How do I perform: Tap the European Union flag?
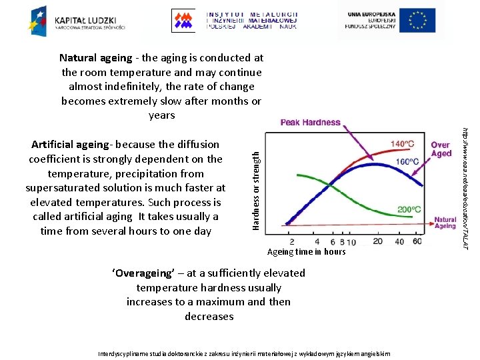click(417, 20)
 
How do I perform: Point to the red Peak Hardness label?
click(310, 123)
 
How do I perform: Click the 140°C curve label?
click(402, 143)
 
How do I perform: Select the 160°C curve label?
click(407, 161)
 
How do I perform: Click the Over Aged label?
click(441, 149)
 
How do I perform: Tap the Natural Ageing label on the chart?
click(445, 222)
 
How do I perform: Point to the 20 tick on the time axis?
click(378, 241)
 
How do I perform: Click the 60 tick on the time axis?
click(417, 241)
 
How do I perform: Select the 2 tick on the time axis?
click(292, 241)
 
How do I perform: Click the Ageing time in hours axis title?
click(306, 252)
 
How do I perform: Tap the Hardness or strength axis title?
click(255, 181)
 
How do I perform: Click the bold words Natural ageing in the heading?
click(95, 58)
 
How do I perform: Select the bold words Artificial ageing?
click(70, 145)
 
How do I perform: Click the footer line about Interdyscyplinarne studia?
click(244, 353)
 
